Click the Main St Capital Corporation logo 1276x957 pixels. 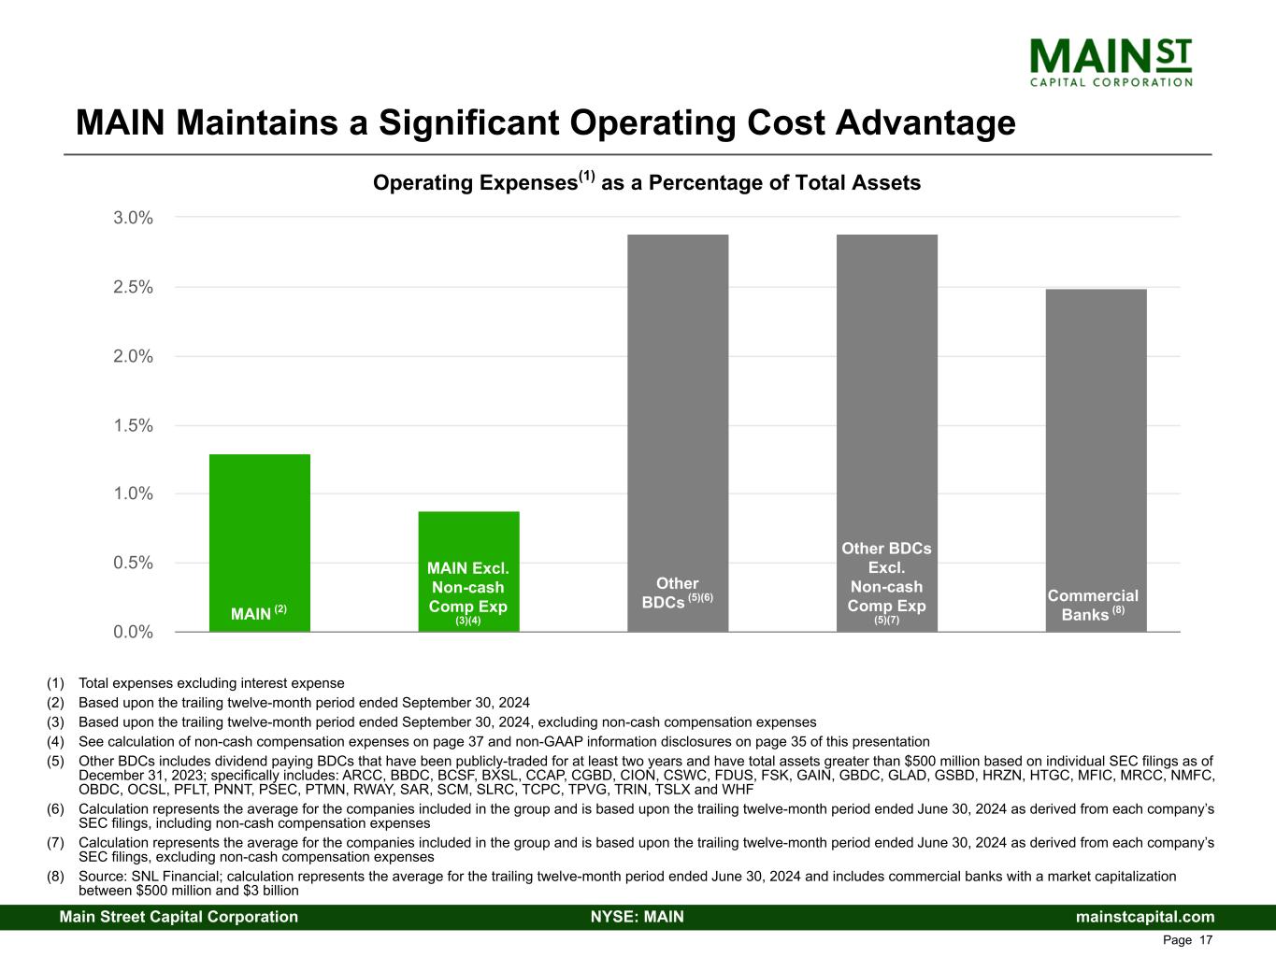(1111, 61)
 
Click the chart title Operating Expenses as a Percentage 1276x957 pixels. (647, 182)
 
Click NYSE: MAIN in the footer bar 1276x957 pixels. (638, 917)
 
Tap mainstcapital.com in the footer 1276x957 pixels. (1145, 917)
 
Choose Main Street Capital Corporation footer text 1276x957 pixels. (179, 917)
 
